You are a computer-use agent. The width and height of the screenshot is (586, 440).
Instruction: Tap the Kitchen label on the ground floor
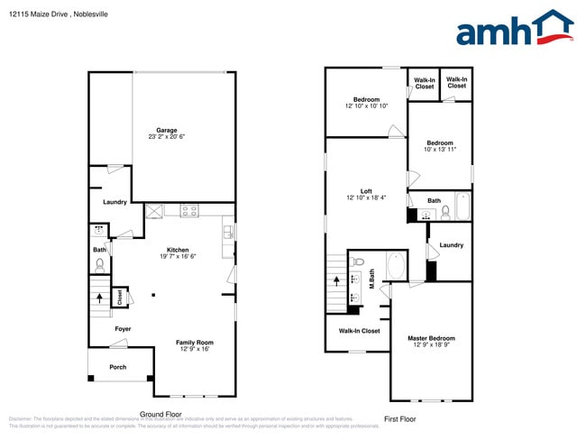(178, 250)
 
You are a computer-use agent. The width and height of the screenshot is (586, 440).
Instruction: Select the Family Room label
(195, 343)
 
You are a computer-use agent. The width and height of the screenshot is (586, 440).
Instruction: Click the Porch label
(118, 367)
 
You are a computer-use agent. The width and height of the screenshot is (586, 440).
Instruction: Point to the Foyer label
(123, 329)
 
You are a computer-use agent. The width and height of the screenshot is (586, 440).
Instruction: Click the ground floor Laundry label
(114, 202)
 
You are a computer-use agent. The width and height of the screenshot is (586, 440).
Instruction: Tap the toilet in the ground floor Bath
(100, 265)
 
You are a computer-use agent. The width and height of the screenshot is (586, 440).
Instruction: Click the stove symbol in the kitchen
(189, 211)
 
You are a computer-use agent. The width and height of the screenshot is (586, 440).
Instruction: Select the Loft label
(366, 191)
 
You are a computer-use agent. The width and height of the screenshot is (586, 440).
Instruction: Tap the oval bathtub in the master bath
(395, 267)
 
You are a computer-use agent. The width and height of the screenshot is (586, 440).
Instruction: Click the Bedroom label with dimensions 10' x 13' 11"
(440, 143)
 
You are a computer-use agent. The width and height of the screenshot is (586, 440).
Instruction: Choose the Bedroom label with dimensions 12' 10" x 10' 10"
(366, 99)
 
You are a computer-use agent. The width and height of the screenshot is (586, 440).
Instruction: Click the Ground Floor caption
(161, 414)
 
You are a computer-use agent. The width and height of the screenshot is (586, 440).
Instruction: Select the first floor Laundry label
(451, 245)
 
